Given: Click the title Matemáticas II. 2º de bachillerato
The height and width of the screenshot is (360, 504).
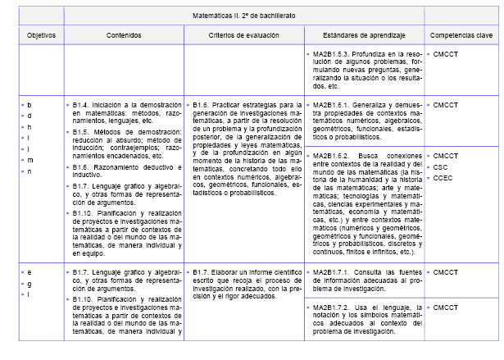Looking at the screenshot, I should pyautogui.click(x=243, y=16).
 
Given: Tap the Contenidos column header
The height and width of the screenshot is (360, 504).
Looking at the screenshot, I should pyautogui.click(x=122, y=38).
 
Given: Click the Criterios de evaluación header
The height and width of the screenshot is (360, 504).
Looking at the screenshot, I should pyautogui.click(x=243, y=38).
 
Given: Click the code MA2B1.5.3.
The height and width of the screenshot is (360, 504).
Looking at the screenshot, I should pyautogui.click(x=333, y=54).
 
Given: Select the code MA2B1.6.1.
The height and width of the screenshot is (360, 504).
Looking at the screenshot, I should pyautogui.click(x=333, y=106).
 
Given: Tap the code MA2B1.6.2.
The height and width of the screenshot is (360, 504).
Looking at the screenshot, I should pyautogui.click(x=333, y=155).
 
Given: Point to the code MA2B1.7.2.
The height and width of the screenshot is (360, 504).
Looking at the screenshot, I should pyautogui.click(x=333, y=308).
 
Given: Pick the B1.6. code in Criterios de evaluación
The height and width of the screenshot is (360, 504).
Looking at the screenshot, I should pyautogui.click(x=205, y=106).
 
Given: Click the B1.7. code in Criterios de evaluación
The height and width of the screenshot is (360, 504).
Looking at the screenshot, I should pyautogui.click(x=205, y=271).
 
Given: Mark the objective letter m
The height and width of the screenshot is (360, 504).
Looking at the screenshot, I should pyautogui.click(x=30, y=161).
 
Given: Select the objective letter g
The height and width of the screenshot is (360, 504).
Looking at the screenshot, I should pyautogui.click(x=30, y=282).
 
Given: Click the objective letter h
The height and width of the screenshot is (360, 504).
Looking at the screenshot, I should pyautogui.click(x=30, y=127).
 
